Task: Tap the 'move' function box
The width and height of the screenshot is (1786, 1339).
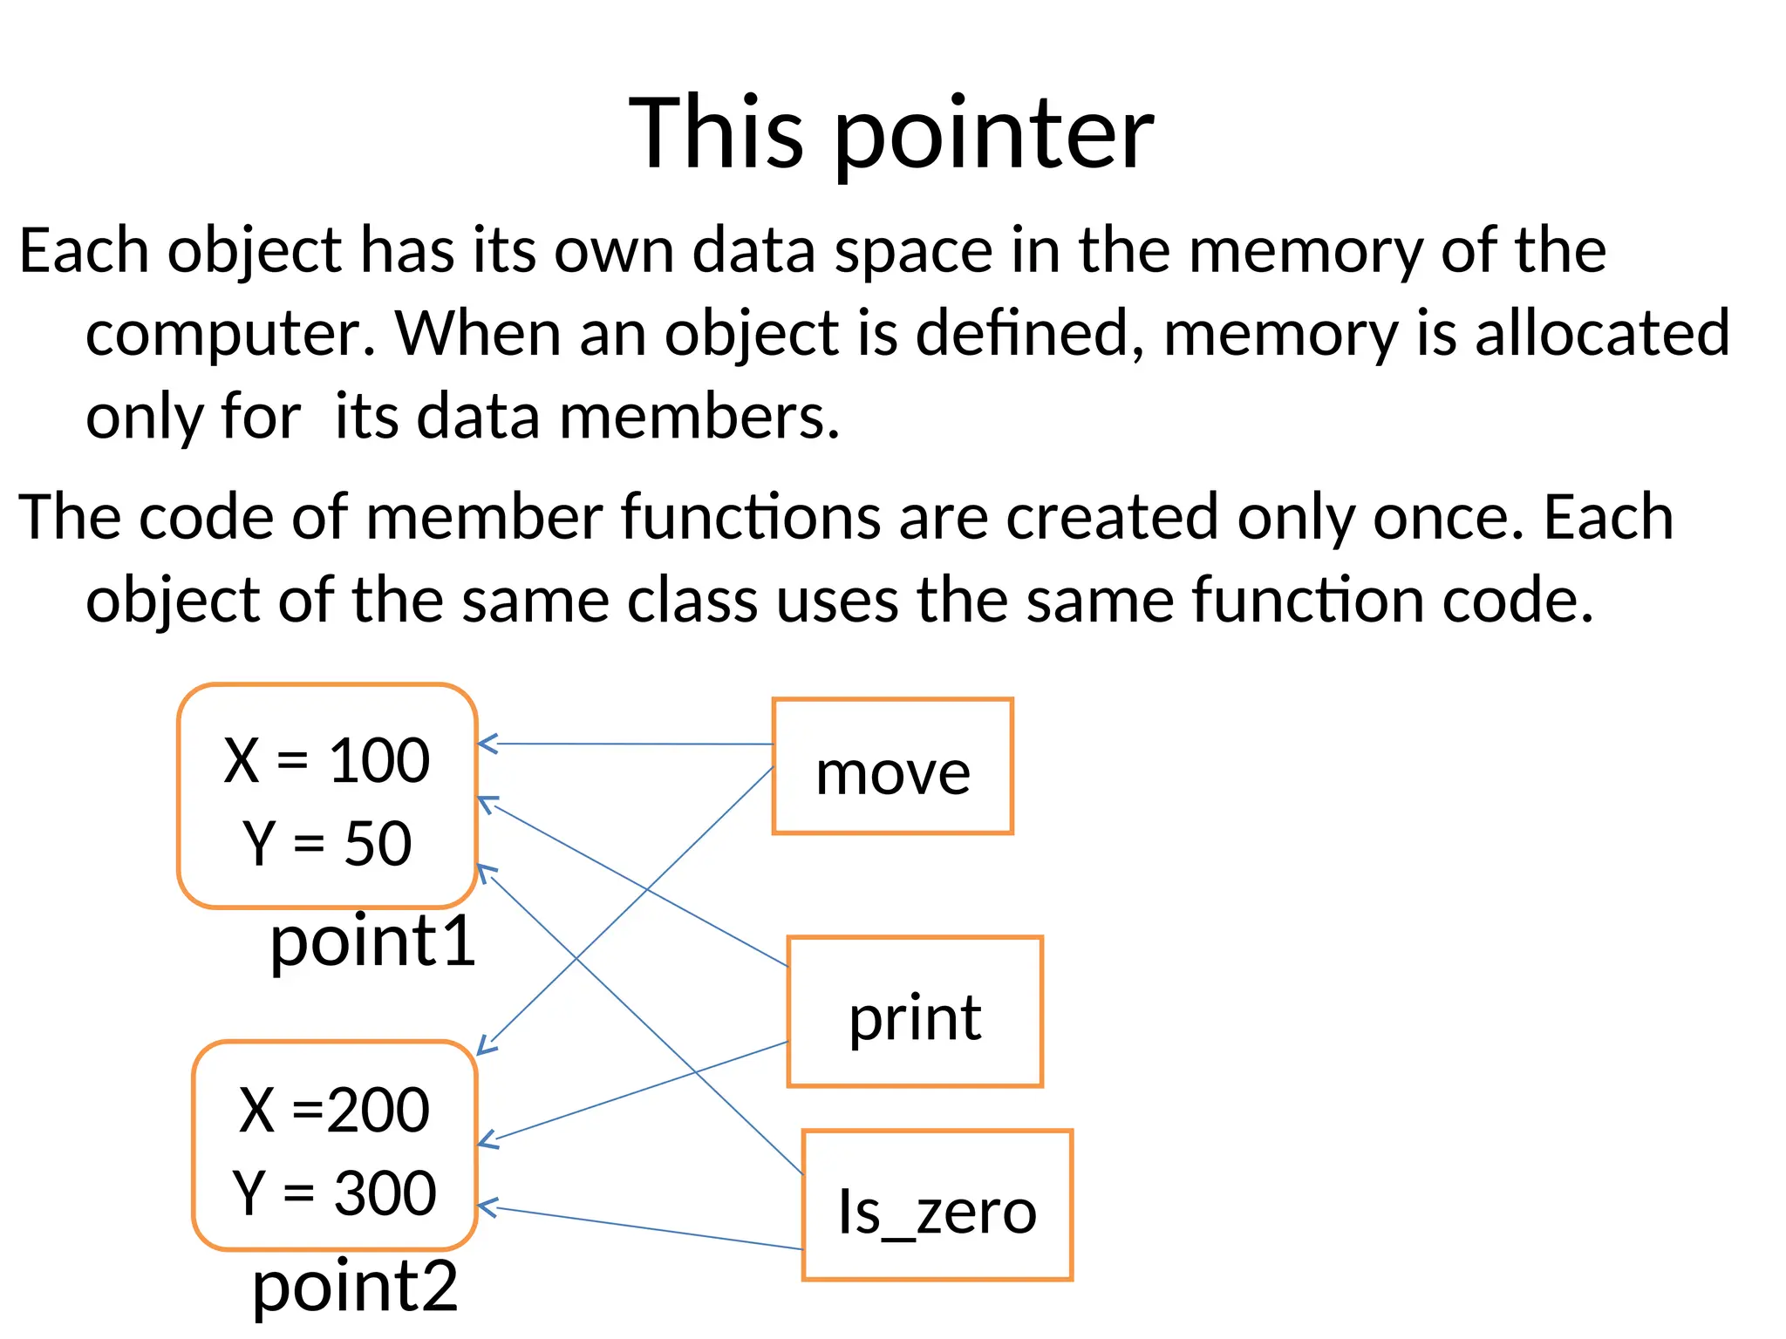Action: click(x=892, y=766)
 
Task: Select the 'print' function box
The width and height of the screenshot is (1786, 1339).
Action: click(x=915, y=1012)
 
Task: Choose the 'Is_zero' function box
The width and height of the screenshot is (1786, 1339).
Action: click(x=937, y=1206)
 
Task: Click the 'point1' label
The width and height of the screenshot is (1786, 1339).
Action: click(x=373, y=942)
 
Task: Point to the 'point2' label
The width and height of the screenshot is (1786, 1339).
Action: click(x=355, y=1286)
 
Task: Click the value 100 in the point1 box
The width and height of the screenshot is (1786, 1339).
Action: click(x=379, y=760)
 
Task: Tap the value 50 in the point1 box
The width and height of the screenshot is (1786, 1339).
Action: click(x=378, y=843)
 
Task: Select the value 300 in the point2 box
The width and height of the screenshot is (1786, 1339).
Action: click(x=385, y=1193)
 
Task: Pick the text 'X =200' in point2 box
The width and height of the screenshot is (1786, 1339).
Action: click(x=334, y=1110)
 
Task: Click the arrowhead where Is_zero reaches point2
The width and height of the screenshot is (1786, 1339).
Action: click(x=485, y=1207)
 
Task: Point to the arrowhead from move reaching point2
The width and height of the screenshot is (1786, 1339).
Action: click(x=484, y=1048)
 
